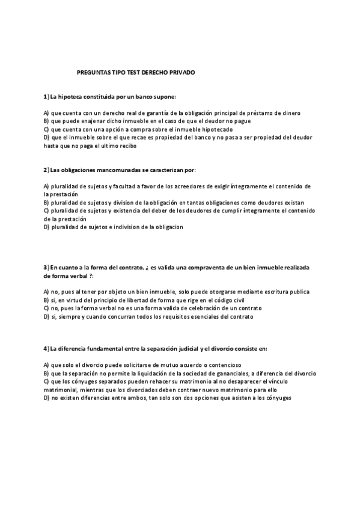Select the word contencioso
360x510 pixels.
221,365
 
